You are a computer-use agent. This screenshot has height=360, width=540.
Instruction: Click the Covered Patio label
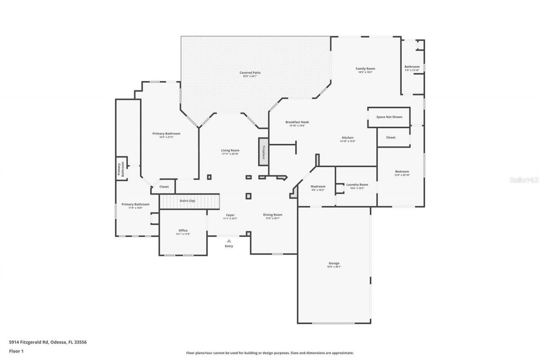250,73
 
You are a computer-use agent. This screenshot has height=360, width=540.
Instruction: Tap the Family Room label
365,69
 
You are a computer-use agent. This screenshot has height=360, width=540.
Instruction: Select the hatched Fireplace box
264,152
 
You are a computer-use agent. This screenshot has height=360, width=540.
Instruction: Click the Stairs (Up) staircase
190,201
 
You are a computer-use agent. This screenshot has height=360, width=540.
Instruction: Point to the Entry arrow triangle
229,241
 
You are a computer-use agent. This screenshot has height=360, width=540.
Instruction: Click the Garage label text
334,263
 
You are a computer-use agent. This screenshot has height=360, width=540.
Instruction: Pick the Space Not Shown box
389,117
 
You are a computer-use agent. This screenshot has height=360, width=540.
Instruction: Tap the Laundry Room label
357,184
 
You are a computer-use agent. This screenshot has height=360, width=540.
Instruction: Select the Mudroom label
318,187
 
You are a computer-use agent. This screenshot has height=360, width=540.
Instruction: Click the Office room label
183,230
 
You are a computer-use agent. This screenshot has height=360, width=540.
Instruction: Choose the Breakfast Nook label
297,122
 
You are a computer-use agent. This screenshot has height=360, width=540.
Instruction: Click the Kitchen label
348,138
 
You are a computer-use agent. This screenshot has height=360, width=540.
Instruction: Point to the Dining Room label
273,215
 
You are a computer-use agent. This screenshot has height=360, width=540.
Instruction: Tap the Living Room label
230,150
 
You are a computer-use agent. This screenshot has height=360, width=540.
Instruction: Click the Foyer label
230,215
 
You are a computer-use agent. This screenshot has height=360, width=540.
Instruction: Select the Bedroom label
402,171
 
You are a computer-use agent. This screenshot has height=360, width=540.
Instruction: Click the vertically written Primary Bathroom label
121,169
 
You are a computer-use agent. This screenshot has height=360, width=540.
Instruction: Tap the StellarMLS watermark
524,180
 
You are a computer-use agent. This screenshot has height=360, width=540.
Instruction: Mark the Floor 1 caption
16,351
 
